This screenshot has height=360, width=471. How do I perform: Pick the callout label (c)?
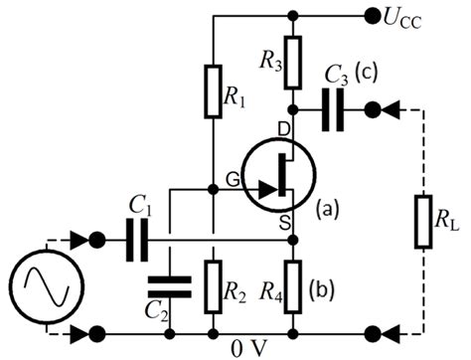(366, 76)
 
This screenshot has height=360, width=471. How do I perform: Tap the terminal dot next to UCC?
(373, 15)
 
